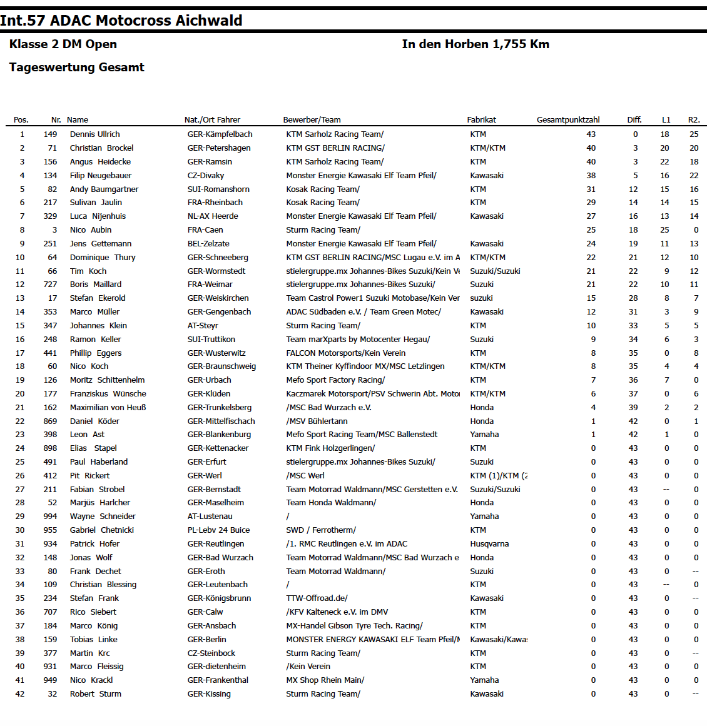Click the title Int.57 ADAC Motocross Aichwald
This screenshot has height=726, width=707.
[121, 21]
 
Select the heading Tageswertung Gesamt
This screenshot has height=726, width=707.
[76, 68]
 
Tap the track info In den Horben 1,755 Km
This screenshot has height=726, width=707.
[476, 44]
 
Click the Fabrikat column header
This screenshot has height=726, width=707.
[481, 120]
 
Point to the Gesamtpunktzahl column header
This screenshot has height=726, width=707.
[567, 120]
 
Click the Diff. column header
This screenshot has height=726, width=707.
[634, 120]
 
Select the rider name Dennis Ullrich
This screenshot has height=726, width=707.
[94, 134]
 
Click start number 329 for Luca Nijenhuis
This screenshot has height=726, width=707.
[50, 216]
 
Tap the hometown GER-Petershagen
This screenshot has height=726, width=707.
[219, 148]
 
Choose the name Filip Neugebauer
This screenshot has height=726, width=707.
[101, 176]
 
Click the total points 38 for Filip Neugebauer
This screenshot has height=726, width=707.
[591, 176]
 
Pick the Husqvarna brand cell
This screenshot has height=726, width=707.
[489, 544]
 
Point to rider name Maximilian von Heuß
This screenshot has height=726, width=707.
[108, 408]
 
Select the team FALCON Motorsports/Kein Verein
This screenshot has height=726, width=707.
[345, 353]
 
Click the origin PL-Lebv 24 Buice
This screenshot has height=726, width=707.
[218, 530]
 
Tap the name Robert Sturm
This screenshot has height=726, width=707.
[95, 694]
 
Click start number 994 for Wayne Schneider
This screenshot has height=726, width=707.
[50, 517]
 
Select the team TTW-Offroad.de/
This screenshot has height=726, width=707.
[317, 598]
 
